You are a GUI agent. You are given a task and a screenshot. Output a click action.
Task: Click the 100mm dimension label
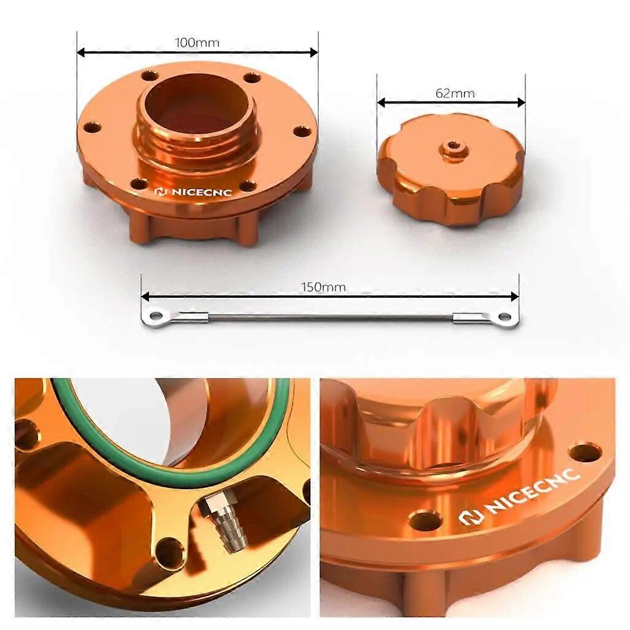[197, 42]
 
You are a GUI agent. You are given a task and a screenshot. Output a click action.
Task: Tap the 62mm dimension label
[455, 94]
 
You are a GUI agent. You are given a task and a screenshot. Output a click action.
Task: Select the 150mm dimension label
[324, 287]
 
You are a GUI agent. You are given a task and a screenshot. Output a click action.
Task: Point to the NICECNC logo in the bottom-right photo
[519, 495]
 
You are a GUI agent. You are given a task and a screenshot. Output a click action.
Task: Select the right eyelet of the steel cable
[504, 317]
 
